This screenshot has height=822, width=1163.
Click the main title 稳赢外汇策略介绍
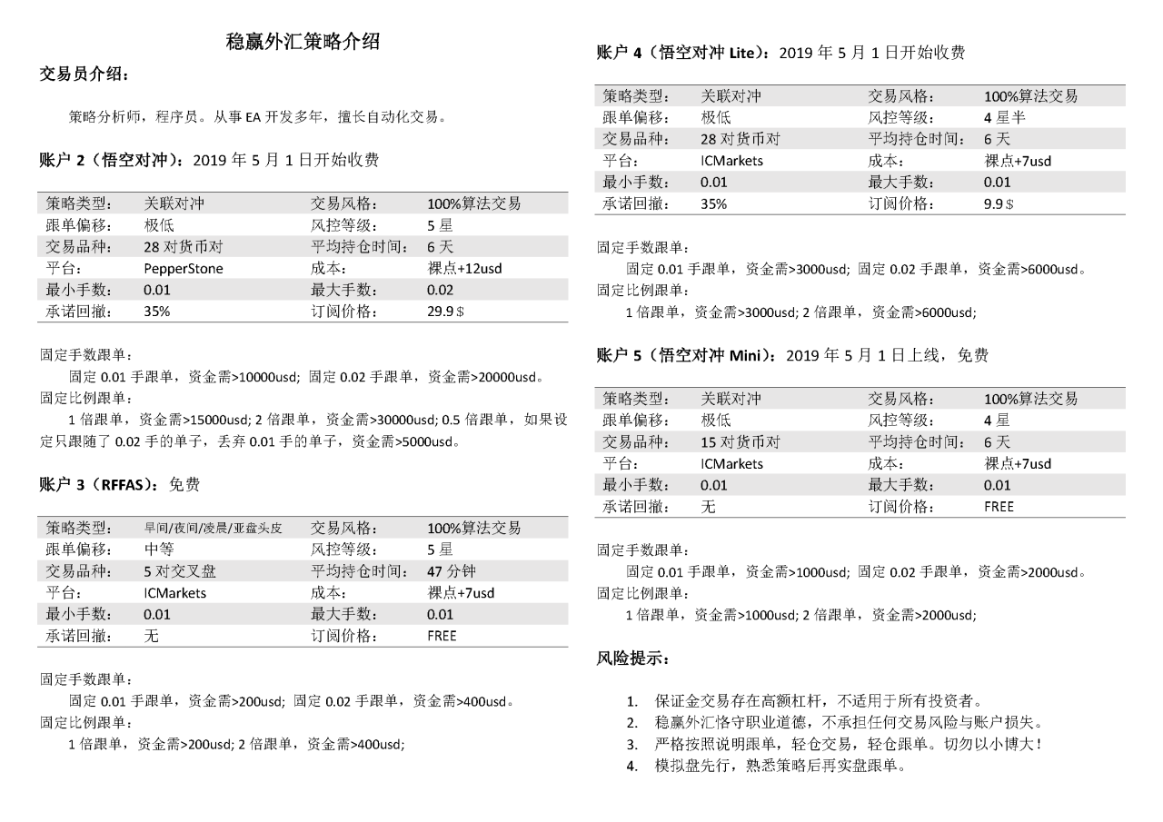click(303, 41)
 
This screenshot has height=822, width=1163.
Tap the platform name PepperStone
click(184, 268)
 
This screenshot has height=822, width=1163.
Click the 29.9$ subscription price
click(445, 312)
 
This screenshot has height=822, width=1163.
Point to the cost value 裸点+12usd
click(464, 268)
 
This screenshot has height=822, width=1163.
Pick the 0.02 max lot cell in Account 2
click(439, 290)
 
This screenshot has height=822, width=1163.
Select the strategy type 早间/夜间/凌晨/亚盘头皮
click(214, 528)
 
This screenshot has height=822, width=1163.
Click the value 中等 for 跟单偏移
click(159, 550)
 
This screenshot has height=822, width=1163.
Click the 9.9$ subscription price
click(999, 204)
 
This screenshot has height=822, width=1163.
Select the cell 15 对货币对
click(741, 441)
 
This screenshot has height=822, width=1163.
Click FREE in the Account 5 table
click(999, 507)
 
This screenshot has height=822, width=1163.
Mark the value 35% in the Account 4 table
click(714, 204)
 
